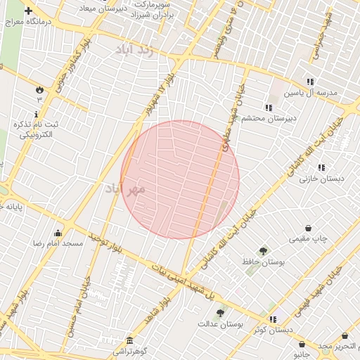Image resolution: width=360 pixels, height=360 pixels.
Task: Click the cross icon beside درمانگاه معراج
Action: click(x=28, y=11)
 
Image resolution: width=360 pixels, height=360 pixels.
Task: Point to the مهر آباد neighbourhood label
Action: click(x=124, y=189)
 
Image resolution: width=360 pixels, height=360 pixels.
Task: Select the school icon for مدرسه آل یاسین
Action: click(x=311, y=82)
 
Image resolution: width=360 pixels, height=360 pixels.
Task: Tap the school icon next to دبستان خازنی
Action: click(x=321, y=167)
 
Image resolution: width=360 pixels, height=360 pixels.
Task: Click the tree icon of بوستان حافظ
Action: click(x=263, y=250)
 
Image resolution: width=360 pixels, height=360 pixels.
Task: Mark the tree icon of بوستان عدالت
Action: click(x=220, y=313)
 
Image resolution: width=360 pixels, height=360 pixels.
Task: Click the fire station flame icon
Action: click(x=39, y=90)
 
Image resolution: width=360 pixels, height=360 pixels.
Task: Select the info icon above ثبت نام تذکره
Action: click(x=37, y=113)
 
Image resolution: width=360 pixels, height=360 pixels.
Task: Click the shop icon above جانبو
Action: click(x=302, y=345)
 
